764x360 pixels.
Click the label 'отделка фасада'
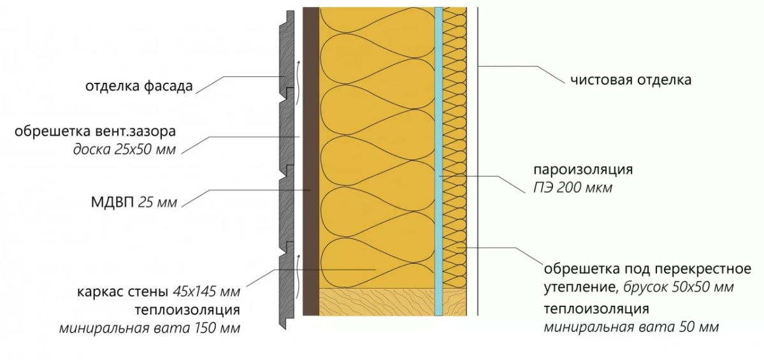pyautogui.click(x=138, y=87)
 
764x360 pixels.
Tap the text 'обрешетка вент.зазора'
pyautogui.click(x=95, y=132)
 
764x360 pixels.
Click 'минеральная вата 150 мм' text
pyautogui.click(x=150, y=329)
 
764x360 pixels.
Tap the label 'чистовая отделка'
pyautogui.click(x=631, y=80)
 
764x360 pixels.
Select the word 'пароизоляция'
pyautogui.click(x=583, y=170)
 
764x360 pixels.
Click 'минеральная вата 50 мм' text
pyautogui.click(x=631, y=328)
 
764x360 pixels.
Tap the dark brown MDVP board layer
pyautogui.click(x=310, y=159)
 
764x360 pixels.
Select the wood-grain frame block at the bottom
pyautogui.click(x=376, y=301)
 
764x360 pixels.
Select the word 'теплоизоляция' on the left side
pyautogui.click(x=187, y=311)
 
